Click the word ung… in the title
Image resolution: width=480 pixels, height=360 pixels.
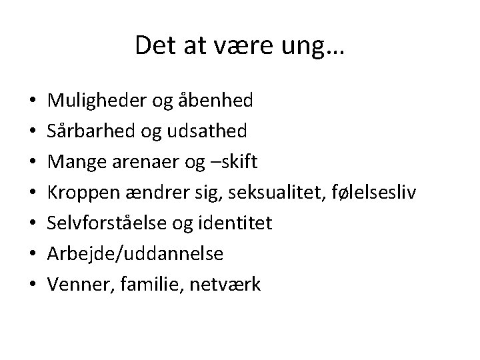click(315, 45)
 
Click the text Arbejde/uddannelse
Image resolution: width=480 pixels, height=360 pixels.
click(135, 254)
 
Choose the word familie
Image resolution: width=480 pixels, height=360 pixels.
click(151, 285)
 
